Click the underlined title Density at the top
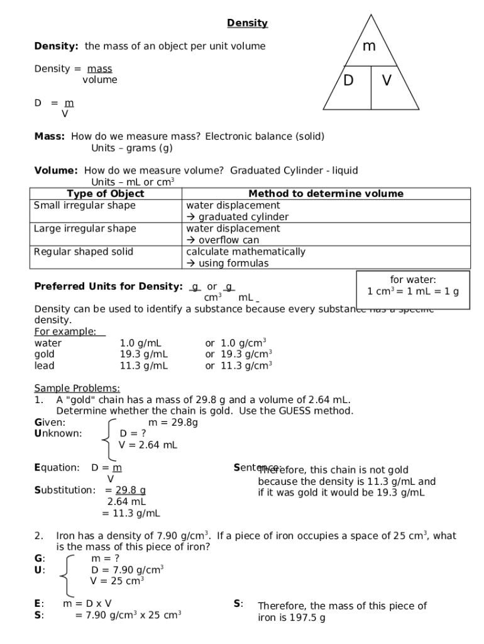point(247,23)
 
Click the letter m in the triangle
point(370,46)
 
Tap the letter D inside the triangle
point(348,81)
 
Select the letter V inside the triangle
point(387,81)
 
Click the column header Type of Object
point(105,194)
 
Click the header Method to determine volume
point(326,194)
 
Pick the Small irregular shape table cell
point(84,206)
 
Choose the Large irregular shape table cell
point(84,228)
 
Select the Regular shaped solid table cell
point(84,252)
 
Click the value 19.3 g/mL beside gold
point(143,354)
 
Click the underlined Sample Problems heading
point(77,388)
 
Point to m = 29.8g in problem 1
point(173,423)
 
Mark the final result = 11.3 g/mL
point(131,513)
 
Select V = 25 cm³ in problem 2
point(117,581)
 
